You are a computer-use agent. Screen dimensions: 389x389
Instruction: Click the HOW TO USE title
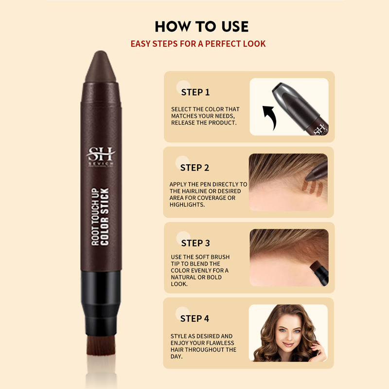point(201,26)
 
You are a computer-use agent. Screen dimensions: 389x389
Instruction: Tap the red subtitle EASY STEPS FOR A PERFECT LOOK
point(198,44)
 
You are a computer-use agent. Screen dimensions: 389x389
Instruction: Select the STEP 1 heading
point(195,92)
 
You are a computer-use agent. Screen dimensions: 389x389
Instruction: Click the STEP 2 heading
point(194,168)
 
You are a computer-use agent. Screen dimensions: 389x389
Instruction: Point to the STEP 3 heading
point(195,243)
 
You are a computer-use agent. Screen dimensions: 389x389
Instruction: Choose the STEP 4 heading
point(194,318)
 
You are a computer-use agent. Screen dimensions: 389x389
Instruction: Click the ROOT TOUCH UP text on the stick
point(95,216)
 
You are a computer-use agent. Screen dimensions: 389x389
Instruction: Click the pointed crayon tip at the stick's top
point(100,63)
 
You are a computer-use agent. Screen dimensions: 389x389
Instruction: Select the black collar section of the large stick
point(100,292)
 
